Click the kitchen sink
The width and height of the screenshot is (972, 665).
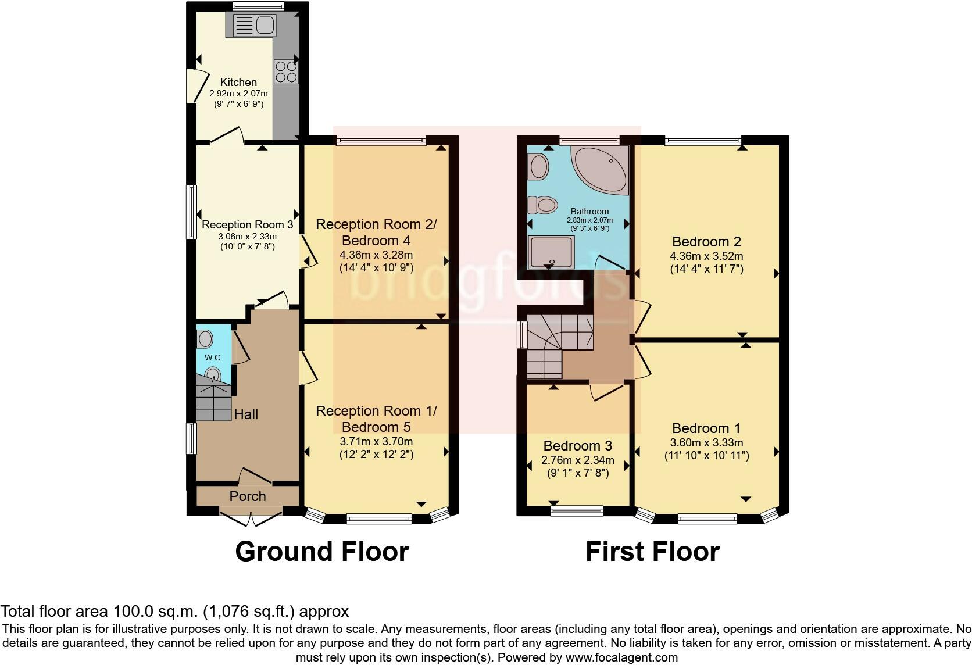(x=254, y=25)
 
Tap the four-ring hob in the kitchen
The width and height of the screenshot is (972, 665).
(x=286, y=72)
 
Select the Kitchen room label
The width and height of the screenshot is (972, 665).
(x=238, y=82)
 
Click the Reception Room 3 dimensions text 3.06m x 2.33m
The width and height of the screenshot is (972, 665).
(x=247, y=237)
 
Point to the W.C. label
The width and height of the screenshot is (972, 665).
(x=213, y=357)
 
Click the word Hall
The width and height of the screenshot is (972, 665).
(x=246, y=414)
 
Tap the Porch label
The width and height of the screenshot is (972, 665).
(x=247, y=496)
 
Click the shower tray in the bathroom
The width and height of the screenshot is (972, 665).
(x=551, y=252)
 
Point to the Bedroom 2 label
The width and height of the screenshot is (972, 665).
(x=706, y=242)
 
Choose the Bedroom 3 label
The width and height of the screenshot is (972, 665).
(x=577, y=445)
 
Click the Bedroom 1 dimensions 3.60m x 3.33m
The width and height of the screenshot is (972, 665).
(x=706, y=442)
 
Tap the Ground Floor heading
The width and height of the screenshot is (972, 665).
(x=322, y=551)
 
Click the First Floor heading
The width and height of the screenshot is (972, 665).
(x=653, y=551)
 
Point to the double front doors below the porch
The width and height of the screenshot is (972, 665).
(x=251, y=519)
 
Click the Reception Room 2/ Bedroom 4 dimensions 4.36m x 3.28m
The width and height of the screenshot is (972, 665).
(x=376, y=255)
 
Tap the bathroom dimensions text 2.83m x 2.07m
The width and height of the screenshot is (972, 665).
(x=589, y=220)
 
